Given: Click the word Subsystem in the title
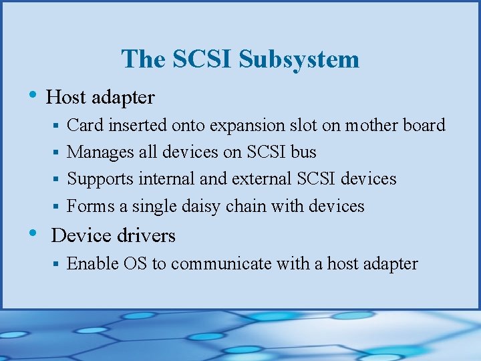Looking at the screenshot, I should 299,59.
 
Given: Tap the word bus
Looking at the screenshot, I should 304,152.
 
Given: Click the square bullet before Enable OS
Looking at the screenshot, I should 58,265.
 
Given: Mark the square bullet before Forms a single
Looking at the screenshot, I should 58,207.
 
